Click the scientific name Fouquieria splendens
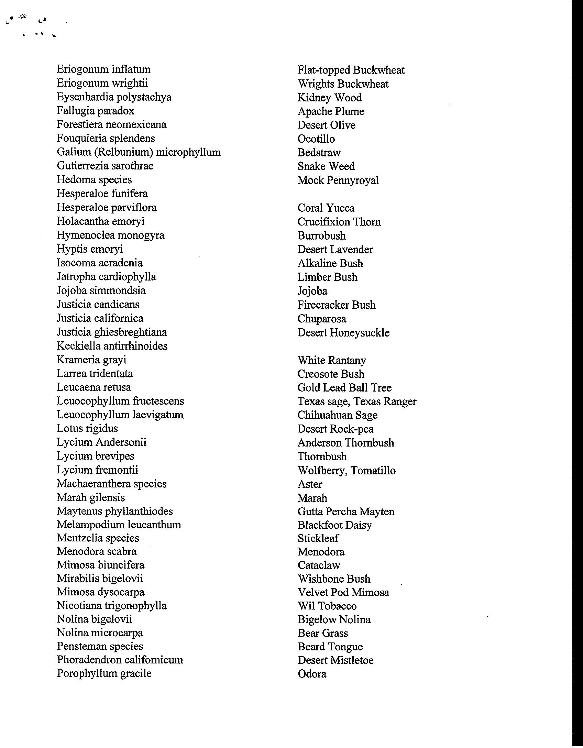click(x=106, y=139)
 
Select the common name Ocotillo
click(x=316, y=139)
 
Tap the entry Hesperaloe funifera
click(x=102, y=194)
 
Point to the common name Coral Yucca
click(x=326, y=208)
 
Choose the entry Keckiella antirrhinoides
click(x=112, y=346)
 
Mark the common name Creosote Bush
click(x=331, y=374)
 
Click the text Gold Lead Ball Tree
click(x=344, y=388)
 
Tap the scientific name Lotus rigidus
click(x=87, y=429)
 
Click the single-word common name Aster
click(x=310, y=484)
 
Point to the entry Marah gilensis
click(x=91, y=498)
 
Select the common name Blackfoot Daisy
click(x=334, y=525)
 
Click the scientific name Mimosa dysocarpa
click(x=101, y=592)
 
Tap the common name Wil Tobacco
click(x=327, y=606)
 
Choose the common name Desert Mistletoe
click(x=335, y=660)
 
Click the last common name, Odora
click(x=312, y=674)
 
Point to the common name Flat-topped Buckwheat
click(x=351, y=70)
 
